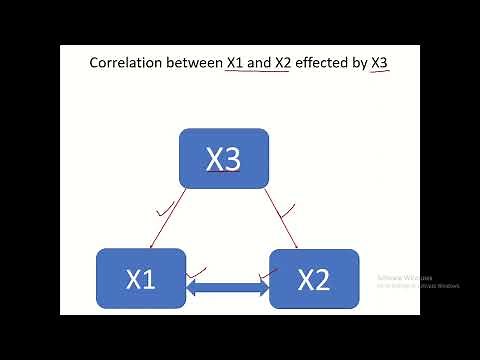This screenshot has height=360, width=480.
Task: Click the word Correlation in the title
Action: tap(124, 62)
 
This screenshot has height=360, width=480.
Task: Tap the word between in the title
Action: tap(192, 62)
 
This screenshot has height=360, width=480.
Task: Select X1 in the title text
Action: tap(236, 62)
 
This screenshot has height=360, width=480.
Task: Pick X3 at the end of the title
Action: tap(380, 62)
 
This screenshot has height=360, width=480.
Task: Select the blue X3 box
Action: tap(224, 158)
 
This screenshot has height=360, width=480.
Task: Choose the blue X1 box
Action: tap(141, 279)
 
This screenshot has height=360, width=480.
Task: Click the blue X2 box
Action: tap(314, 279)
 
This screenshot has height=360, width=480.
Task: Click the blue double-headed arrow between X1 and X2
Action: tap(229, 289)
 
